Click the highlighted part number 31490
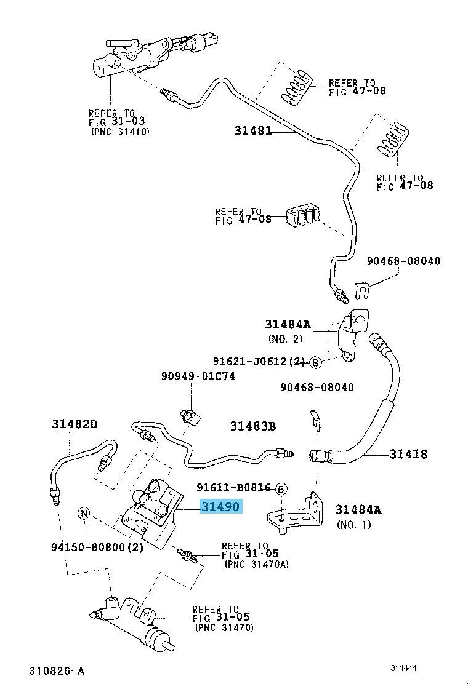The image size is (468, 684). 220,506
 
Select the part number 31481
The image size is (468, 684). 252,131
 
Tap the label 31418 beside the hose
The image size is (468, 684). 408,454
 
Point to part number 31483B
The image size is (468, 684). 253,426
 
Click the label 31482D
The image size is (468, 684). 75,424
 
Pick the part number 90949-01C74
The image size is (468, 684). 198,376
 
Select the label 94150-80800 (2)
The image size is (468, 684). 97,547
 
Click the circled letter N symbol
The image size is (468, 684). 84,514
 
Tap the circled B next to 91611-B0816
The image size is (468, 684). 281,489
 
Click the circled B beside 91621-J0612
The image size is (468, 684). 315,362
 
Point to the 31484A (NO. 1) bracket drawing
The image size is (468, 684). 295,512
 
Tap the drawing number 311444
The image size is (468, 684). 404,668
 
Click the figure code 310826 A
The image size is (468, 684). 56,670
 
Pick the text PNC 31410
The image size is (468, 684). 121,131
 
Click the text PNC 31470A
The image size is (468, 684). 257,564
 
